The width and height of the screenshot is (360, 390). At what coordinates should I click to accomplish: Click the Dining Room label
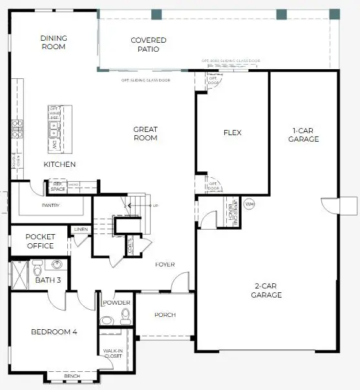point(54,43)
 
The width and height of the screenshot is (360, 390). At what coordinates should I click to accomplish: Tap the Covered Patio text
point(149,45)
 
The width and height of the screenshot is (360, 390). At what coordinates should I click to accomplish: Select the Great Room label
point(145,134)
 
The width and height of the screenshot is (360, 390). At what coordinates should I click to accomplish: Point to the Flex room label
point(232,133)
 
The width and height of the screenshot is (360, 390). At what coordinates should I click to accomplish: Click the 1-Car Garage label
point(304,135)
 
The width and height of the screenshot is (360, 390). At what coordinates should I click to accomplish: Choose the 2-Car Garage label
point(266,290)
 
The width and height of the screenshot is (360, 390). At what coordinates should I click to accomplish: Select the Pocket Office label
point(40,241)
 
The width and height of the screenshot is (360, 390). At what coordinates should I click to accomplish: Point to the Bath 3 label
point(48,280)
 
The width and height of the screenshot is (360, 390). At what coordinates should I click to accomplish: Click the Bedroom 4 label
point(54,332)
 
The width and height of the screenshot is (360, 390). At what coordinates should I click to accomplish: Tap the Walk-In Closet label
point(113,353)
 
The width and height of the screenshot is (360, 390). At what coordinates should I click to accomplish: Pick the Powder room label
point(116,303)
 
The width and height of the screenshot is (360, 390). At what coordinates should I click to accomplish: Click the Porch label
point(165,315)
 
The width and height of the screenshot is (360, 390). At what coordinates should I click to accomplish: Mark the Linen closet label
point(81,230)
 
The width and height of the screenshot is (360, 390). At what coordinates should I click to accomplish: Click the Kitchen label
point(60,164)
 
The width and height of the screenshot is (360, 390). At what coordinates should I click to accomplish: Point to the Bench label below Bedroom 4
point(72,376)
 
